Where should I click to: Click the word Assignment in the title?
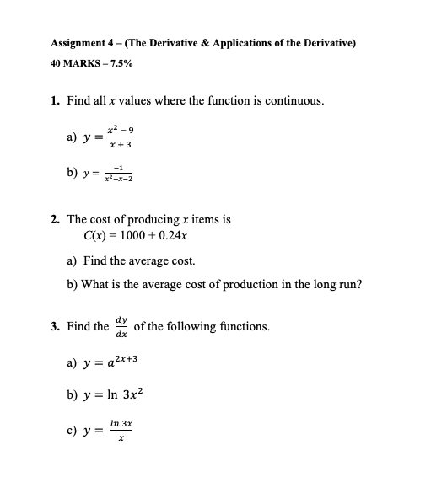[x=80, y=43]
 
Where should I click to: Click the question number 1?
[x=55, y=101]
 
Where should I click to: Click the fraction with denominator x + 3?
[x=120, y=138]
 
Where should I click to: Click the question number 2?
[x=55, y=219]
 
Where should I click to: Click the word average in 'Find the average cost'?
[x=153, y=261]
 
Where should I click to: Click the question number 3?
[x=55, y=326]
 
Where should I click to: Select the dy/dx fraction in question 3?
[x=122, y=326]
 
